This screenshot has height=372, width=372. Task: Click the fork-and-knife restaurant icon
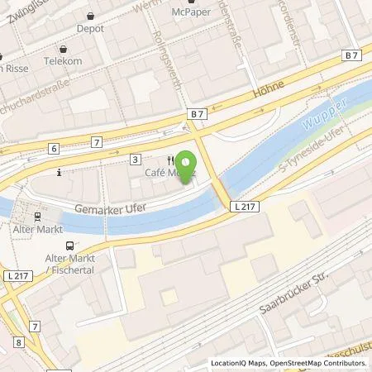(x=169, y=160)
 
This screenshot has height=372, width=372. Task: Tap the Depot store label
(x=90, y=28)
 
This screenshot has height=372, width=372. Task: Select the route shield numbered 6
(x=54, y=148)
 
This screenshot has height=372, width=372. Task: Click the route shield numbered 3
(x=135, y=158)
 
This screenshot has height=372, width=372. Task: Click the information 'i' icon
(x=59, y=173)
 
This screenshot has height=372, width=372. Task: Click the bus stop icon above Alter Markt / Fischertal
(x=69, y=245)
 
